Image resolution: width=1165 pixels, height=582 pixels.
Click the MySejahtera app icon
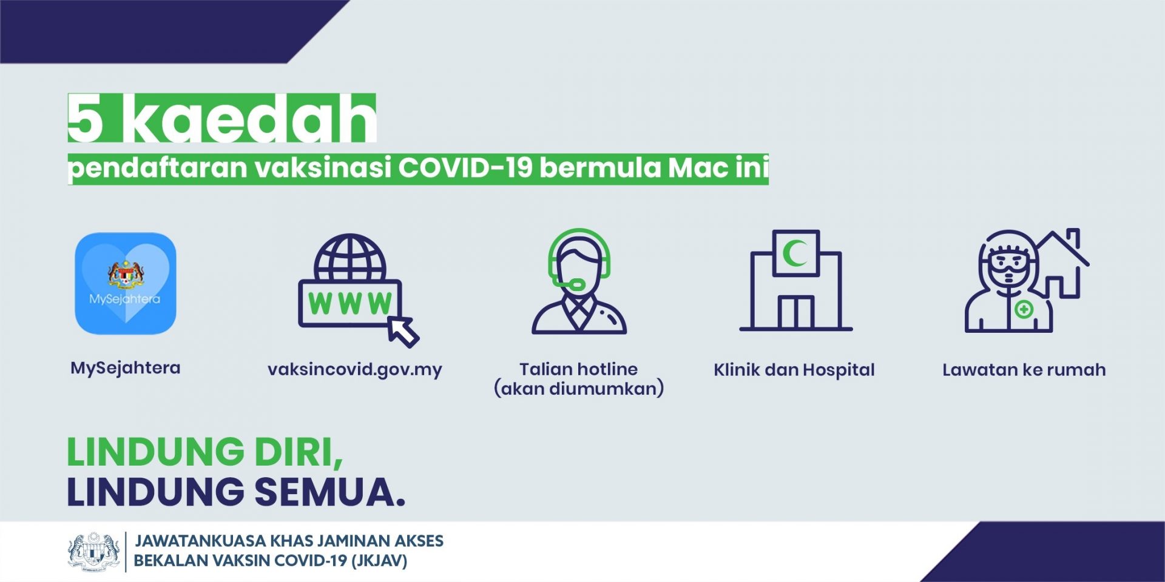click(126, 283)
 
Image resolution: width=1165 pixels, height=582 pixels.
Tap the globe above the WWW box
click(350, 257)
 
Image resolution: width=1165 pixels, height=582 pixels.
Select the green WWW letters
click(350, 304)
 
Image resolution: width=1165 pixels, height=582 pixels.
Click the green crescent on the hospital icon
click(795, 253)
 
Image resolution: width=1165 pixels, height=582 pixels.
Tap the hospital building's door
click(796, 312)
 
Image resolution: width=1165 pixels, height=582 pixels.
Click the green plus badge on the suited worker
click(1024, 310)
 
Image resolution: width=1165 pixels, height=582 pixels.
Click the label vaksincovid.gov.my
click(355, 370)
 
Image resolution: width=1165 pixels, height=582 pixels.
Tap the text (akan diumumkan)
click(579, 389)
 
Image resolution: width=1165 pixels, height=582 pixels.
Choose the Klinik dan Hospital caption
click(794, 370)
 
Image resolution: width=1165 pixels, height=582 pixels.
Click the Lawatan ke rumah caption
click(1024, 370)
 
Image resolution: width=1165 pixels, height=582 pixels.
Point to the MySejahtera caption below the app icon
click(126, 368)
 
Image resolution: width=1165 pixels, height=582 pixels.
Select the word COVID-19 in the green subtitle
click(465, 168)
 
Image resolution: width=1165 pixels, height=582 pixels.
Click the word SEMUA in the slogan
click(329, 492)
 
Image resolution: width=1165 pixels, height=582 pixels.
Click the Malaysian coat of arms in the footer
click(93, 551)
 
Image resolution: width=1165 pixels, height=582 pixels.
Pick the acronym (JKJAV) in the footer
click(379, 561)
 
